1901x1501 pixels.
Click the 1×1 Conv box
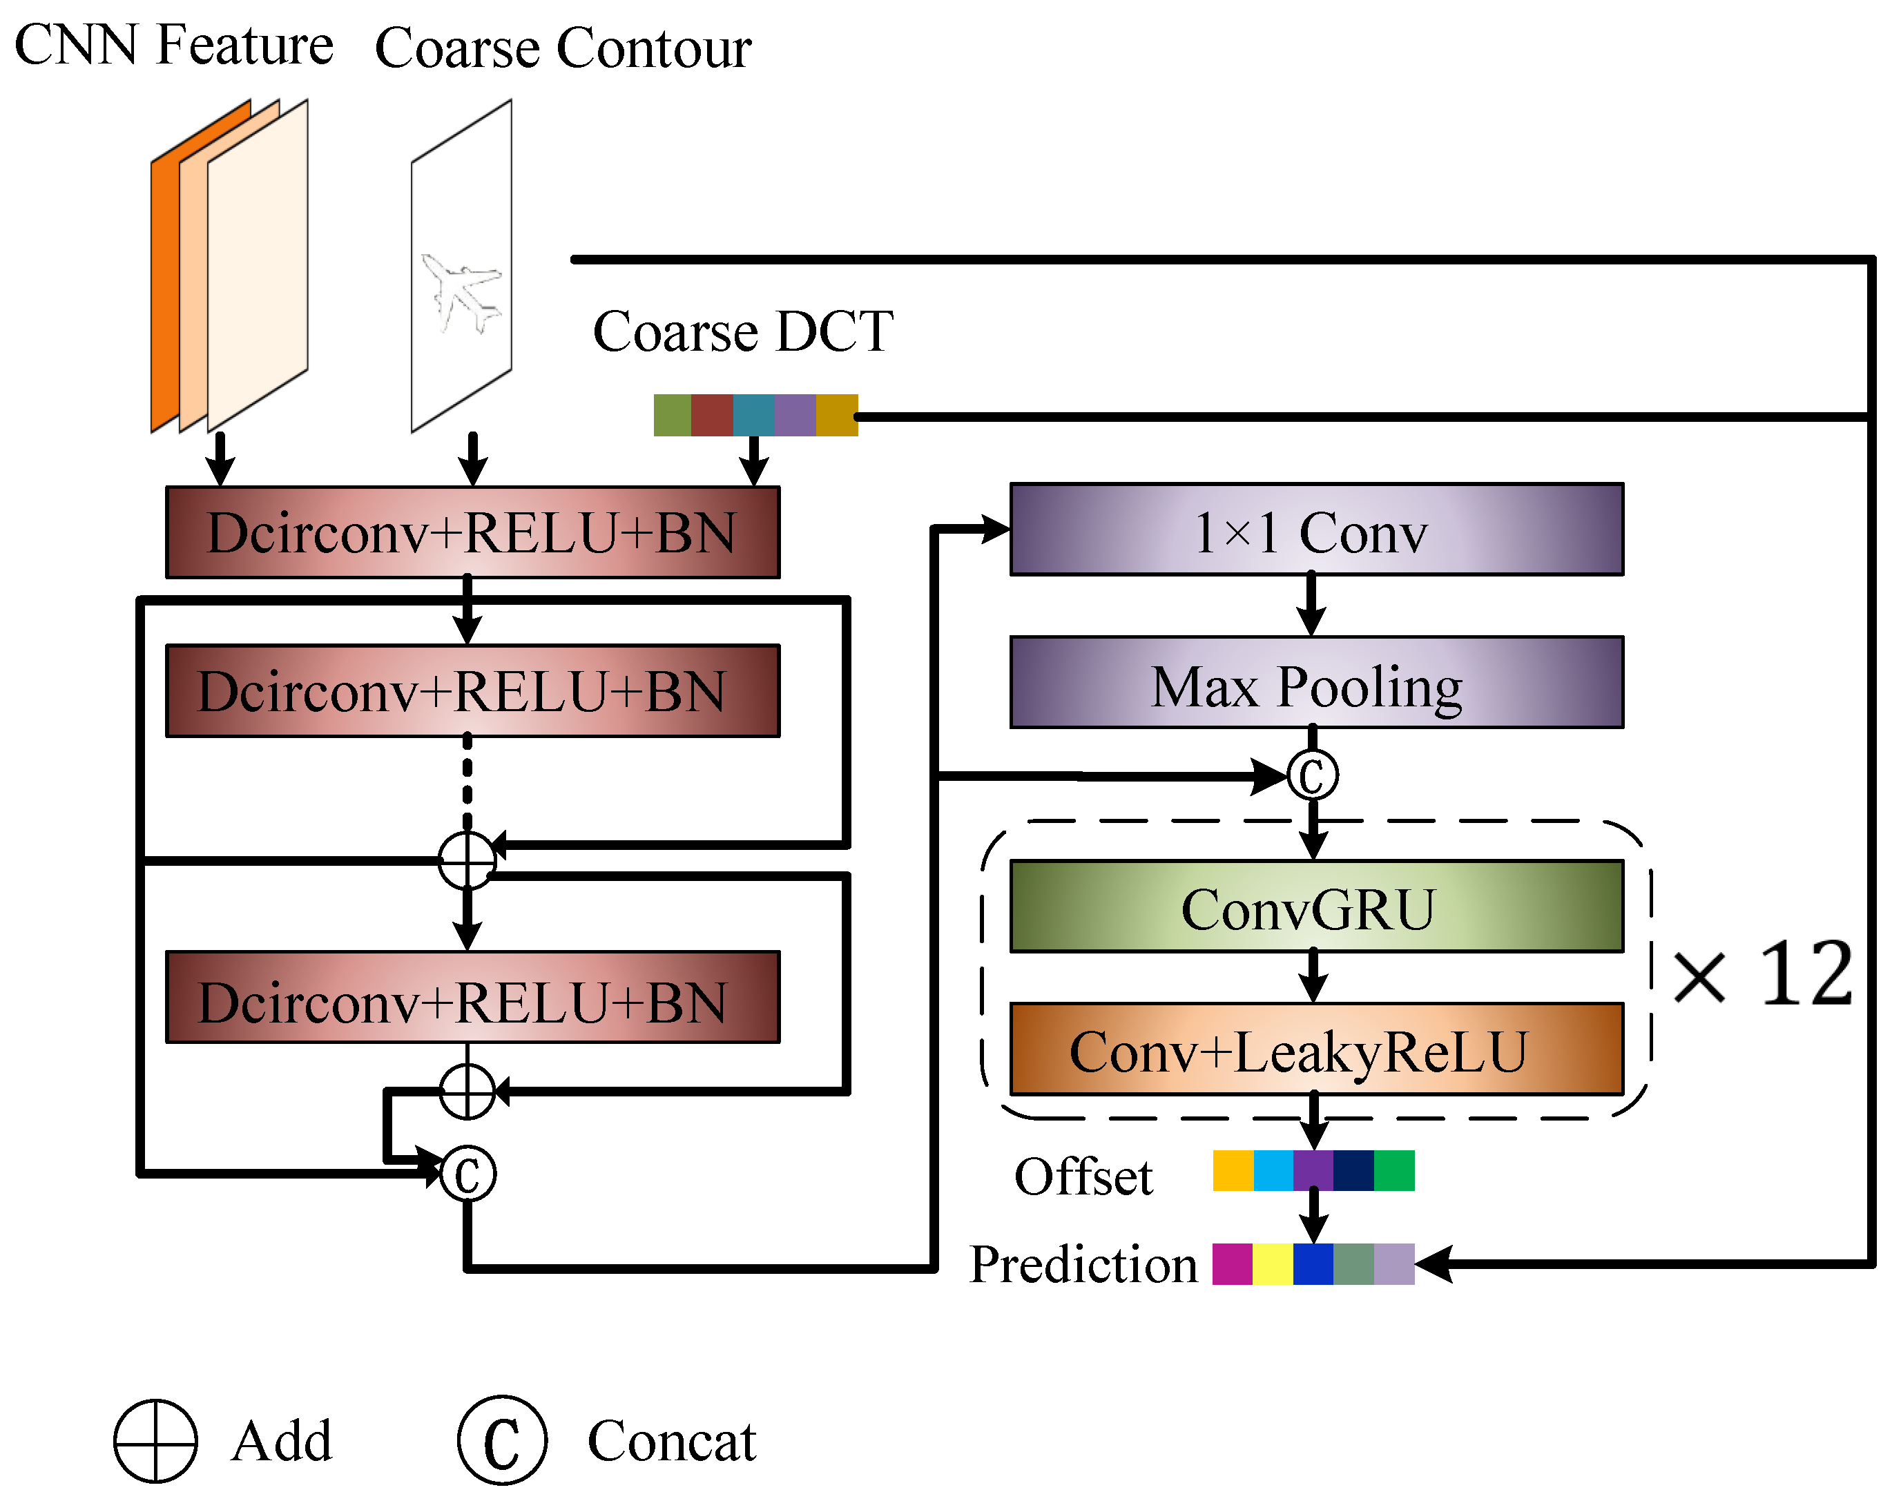point(1315,530)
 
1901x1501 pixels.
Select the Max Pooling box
point(1315,683)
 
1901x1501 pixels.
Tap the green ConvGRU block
point(1315,906)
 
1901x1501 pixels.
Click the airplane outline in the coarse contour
point(461,294)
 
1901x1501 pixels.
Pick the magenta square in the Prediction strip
point(1231,1263)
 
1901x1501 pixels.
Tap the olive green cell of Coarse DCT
point(673,415)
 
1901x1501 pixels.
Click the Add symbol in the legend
point(155,1441)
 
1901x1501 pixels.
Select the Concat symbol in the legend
point(502,1441)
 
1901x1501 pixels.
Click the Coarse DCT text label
point(742,332)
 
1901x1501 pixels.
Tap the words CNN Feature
point(174,45)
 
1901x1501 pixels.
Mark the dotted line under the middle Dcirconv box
point(467,782)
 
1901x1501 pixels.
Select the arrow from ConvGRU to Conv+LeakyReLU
point(1312,976)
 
